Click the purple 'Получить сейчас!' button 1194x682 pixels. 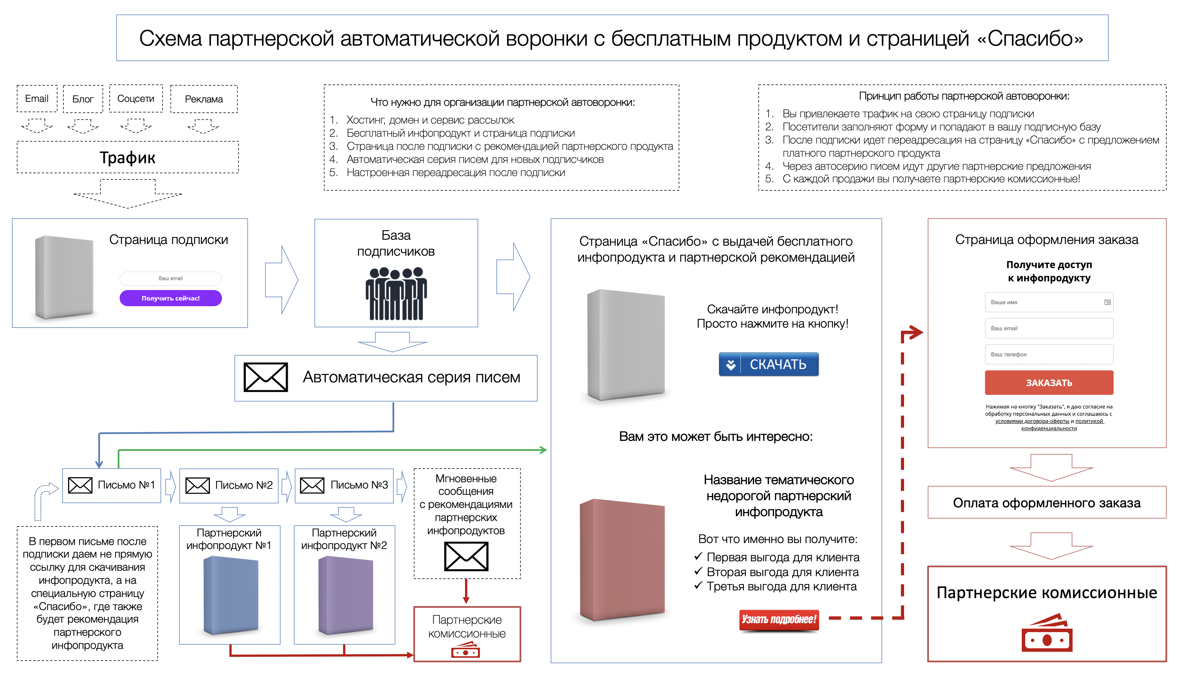pos(171,298)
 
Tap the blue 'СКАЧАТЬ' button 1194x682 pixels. pos(769,364)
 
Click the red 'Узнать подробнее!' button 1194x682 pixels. pos(779,620)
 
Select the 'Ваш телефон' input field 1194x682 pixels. pos(1049,355)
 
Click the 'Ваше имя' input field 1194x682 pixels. pos(1049,302)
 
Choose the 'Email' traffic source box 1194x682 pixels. pos(37,99)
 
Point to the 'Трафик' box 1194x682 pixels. pos(127,158)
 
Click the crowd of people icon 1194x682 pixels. pos(396,294)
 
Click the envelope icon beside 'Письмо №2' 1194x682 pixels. pos(197,485)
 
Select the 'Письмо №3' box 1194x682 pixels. pos(344,486)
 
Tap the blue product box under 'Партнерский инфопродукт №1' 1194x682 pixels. pos(231,595)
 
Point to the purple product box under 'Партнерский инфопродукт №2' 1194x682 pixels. pos(346,595)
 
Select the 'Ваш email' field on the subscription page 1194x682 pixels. pos(171,279)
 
